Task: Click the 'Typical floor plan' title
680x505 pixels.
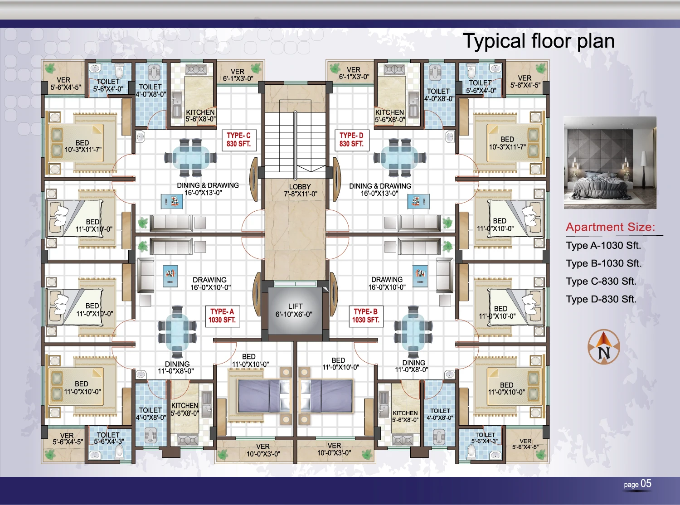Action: tap(539, 41)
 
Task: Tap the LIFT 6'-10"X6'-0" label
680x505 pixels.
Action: tap(294, 310)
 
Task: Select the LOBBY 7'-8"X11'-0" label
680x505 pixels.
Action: tap(301, 190)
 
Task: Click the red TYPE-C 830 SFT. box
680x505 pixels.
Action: tap(238, 140)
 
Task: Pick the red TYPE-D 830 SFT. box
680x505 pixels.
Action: tap(351, 140)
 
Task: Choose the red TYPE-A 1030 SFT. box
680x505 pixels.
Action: tap(222, 316)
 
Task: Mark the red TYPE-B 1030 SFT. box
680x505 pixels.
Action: tap(366, 316)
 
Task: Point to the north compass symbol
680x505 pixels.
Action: tap(604, 347)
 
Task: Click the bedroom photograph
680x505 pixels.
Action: tap(610, 162)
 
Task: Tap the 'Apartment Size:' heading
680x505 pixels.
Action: tap(610, 227)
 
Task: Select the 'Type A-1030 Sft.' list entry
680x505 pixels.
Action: tap(603, 246)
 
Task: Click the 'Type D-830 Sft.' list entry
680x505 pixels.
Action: tap(601, 299)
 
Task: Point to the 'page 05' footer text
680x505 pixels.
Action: tap(637, 484)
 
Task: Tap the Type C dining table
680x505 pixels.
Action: tap(191, 158)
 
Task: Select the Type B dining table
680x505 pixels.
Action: tap(413, 332)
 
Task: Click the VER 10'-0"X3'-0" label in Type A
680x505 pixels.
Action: tap(263, 450)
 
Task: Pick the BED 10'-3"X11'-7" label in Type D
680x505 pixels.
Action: tap(507, 143)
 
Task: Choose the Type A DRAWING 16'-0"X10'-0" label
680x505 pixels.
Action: tap(210, 284)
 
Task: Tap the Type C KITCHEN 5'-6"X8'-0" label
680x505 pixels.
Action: tap(200, 116)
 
